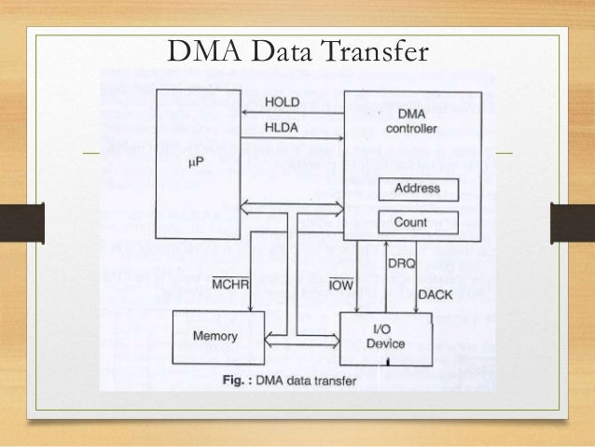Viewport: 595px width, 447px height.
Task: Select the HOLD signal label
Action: coord(283,100)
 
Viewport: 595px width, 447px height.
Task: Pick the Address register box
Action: coord(417,189)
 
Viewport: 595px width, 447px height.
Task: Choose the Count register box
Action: coord(417,223)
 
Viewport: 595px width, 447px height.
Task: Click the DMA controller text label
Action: coord(410,120)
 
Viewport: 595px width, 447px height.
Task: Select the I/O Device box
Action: coord(385,337)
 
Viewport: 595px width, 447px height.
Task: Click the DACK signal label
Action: coord(436,294)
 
